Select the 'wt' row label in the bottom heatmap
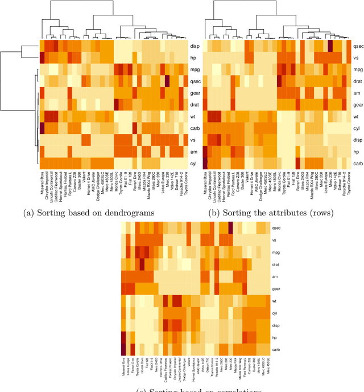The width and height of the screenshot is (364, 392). (275, 300)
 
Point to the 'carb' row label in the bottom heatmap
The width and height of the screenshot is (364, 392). (276, 348)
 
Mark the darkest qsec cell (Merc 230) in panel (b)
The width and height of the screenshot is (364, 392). (330, 45)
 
